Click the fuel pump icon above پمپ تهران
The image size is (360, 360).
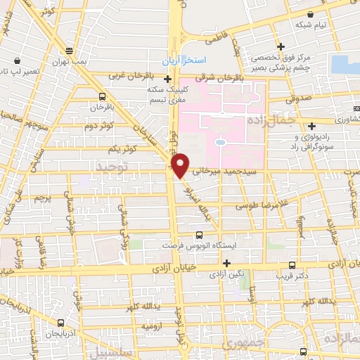(x=68, y=51)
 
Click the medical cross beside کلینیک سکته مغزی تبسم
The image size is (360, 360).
(x=168, y=79)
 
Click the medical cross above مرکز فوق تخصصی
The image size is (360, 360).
(x=280, y=46)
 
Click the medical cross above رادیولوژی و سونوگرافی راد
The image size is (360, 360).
(x=311, y=126)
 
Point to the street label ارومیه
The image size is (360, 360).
(x=153, y=326)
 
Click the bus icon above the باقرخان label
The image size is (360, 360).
(x=103, y=96)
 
